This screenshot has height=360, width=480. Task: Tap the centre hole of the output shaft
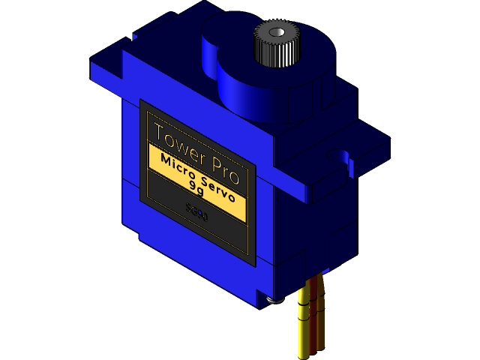coord(277,32)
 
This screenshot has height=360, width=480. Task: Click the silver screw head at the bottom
coord(276,300)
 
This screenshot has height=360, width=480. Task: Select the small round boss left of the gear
coord(217,45)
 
